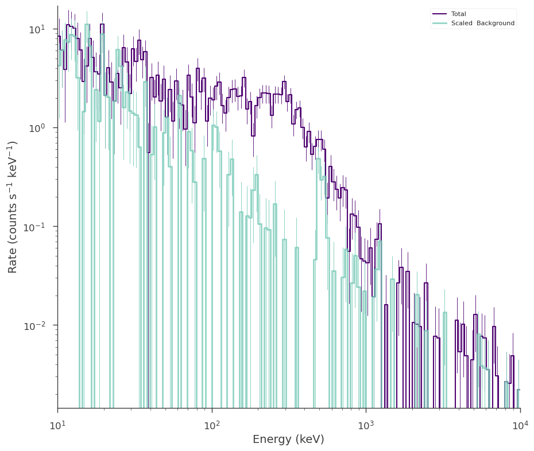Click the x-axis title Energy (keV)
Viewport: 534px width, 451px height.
point(288,440)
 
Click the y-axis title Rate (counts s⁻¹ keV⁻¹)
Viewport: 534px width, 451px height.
point(12,207)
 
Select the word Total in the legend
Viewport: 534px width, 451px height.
point(458,14)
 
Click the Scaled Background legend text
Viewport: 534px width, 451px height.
point(483,23)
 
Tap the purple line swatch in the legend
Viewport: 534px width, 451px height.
point(439,14)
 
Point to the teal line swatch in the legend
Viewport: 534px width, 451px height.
point(439,23)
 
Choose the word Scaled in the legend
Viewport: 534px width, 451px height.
point(462,23)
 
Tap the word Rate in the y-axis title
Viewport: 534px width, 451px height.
point(12,263)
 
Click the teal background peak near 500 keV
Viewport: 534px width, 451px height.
point(319,158)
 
